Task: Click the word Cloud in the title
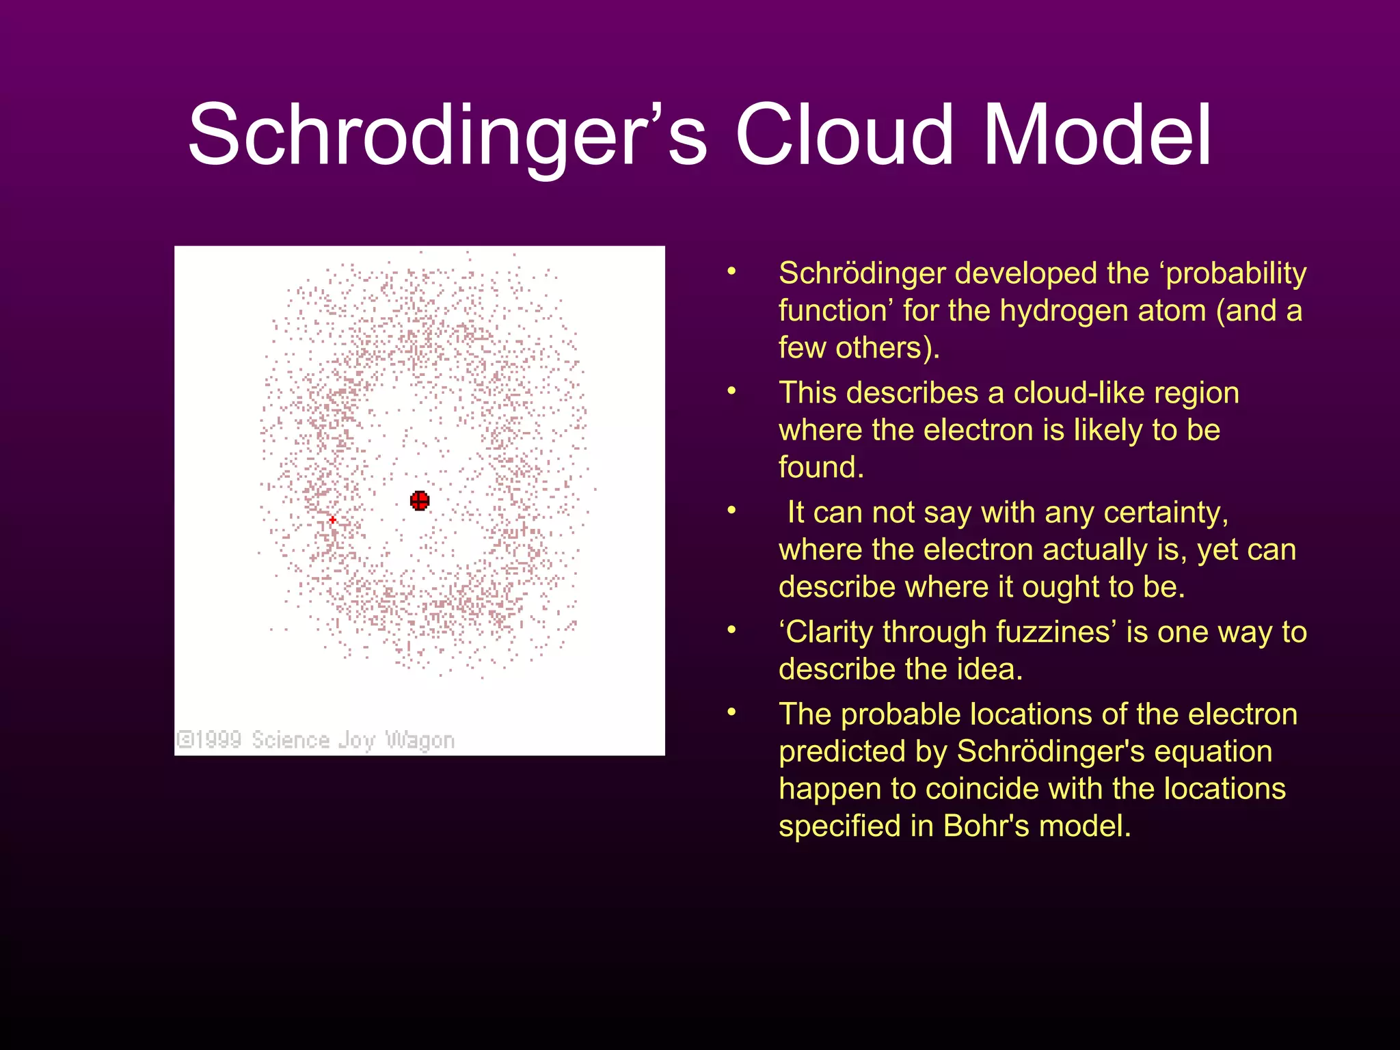tap(844, 135)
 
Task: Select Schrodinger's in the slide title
tap(447, 135)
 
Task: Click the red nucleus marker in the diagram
tap(420, 500)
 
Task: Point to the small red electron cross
tap(332, 520)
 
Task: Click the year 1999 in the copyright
tap(218, 740)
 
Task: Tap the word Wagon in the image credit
tap(420, 740)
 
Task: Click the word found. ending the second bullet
tap(821, 468)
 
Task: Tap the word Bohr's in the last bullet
tap(986, 826)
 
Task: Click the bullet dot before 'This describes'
tap(731, 392)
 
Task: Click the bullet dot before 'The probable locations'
tap(731, 713)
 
